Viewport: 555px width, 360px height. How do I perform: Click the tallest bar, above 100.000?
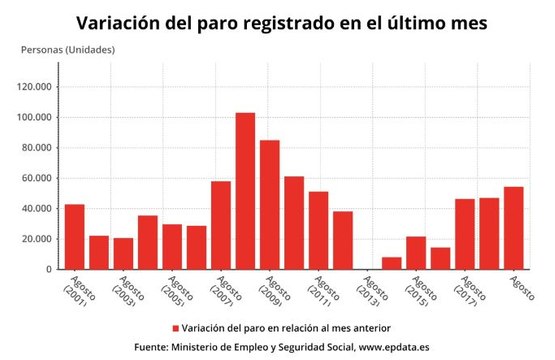pos(245,191)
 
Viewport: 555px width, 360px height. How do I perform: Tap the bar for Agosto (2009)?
pos(270,205)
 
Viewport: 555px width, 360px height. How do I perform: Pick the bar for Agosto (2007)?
pos(221,225)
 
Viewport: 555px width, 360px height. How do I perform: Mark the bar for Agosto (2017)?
pos(465,234)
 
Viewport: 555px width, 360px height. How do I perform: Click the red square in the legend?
pos(174,328)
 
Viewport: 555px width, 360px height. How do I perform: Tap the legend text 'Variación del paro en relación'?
pos(250,328)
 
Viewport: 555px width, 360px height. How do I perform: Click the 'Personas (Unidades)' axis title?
pos(67,49)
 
